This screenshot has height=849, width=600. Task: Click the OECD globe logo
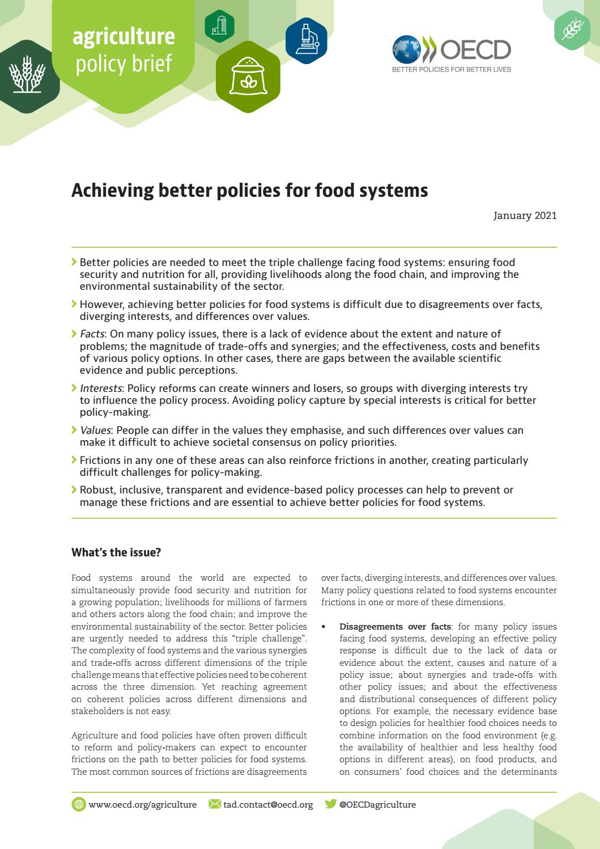point(407,49)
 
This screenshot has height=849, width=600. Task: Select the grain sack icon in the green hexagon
point(248,78)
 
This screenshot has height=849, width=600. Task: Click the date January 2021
point(525,216)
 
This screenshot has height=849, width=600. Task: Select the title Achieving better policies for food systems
point(249,191)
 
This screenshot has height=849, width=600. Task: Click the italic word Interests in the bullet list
point(101,388)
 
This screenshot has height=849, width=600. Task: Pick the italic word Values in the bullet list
point(95,430)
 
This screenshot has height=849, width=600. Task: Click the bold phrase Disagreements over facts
point(395,627)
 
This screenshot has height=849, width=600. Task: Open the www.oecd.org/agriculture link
point(143,804)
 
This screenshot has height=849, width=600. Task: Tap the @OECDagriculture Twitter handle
point(377,804)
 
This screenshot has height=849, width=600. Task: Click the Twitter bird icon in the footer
point(330,804)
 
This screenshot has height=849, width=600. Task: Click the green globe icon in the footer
point(79,804)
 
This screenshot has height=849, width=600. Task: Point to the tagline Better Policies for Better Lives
point(452,70)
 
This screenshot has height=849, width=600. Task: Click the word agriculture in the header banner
point(124,36)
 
